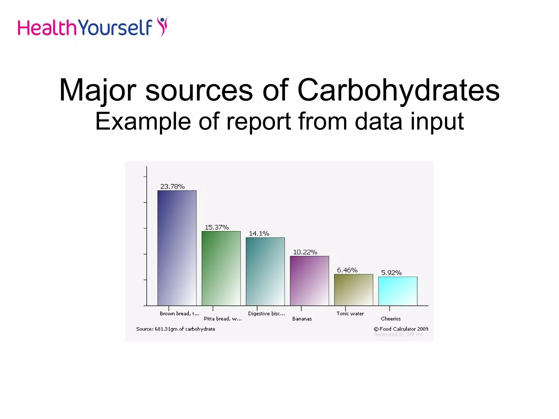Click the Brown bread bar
[x=177, y=248]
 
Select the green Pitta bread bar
[x=221, y=268]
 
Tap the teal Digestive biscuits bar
[x=265, y=271]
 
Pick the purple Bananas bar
[x=309, y=281]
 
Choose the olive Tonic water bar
[x=353, y=290]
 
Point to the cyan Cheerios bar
[x=398, y=291]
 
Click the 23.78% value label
[x=173, y=187]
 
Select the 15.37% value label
[x=217, y=227]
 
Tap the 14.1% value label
[x=259, y=234]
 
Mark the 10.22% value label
[x=305, y=252]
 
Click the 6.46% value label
[x=347, y=270]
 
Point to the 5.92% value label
[x=391, y=273]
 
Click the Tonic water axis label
[x=350, y=314]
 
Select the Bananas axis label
[x=302, y=319]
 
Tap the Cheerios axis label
[x=391, y=319]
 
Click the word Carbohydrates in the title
[x=399, y=90]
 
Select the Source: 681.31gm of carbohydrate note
[x=176, y=329]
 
